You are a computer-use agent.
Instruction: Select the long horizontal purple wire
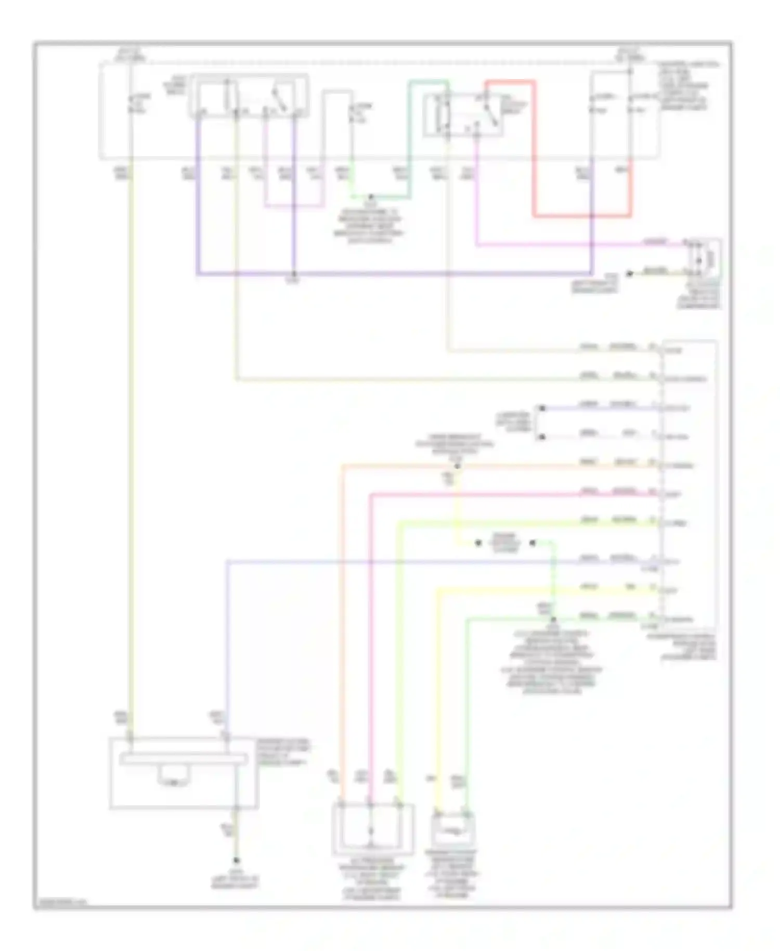click(x=395, y=274)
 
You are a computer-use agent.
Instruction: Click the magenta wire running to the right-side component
click(x=572, y=245)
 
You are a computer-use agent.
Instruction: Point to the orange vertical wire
click(x=342, y=624)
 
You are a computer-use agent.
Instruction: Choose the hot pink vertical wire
click(x=370, y=650)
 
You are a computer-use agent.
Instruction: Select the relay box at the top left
click(x=249, y=96)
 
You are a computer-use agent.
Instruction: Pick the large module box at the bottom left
click(x=183, y=773)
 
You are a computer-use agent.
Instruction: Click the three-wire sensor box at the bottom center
click(x=372, y=829)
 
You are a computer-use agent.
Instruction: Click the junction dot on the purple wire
click(x=294, y=274)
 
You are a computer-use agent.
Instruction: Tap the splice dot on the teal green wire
click(x=371, y=198)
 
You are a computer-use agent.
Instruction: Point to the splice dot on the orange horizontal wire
click(x=457, y=466)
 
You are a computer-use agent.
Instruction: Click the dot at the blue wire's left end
click(x=541, y=408)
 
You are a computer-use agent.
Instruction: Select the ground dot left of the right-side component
click(x=629, y=273)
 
